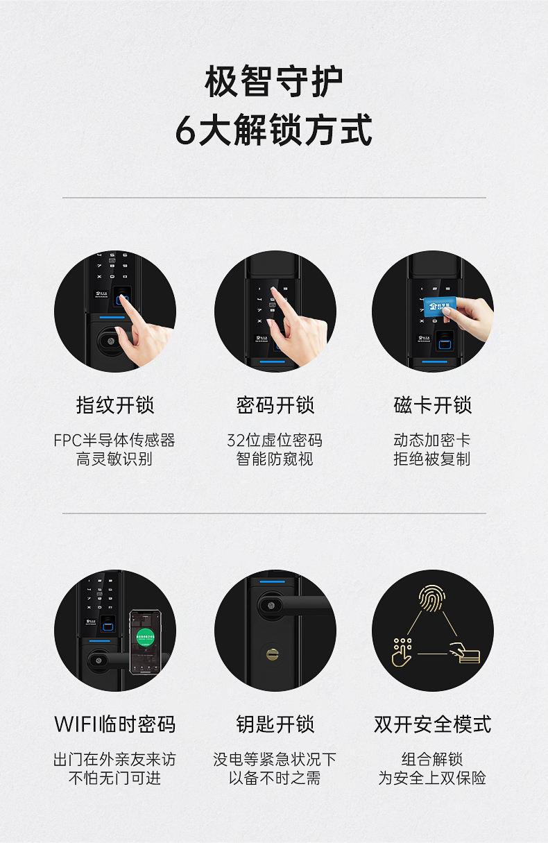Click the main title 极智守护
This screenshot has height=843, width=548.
click(x=273, y=81)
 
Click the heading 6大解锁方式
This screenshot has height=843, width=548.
click(x=273, y=130)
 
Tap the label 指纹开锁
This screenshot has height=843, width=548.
click(x=115, y=405)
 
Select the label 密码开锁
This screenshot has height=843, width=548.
click(x=275, y=405)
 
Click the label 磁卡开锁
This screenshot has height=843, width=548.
click(x=432, y=405)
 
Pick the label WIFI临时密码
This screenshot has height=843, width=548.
click(x=114, y=724)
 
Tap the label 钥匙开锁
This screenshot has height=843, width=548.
click(x=275, y=724)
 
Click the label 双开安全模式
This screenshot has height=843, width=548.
click(x=432, y=724)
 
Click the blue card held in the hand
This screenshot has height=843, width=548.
click(x=439, y=307)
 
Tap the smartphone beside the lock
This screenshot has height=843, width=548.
click(x=146, y=642)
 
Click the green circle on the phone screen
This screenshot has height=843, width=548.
click(x=145, y=637)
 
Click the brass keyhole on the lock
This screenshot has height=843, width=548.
click(x=273, y=654)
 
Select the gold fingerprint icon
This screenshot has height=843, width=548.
click(x=432, y=598)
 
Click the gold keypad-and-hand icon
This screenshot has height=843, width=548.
click(x=402, y=653)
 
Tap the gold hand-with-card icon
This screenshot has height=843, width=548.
click(x=465, y=653)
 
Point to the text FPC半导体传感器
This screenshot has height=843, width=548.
click(x=114, y=440)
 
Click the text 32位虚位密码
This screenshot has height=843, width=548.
click(x=275, y=440)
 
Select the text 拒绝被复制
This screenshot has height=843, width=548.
click(x=432, y=459)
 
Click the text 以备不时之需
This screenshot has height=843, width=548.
click(x=275, y=778)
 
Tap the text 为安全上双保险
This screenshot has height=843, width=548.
click(x=432, y=778)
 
